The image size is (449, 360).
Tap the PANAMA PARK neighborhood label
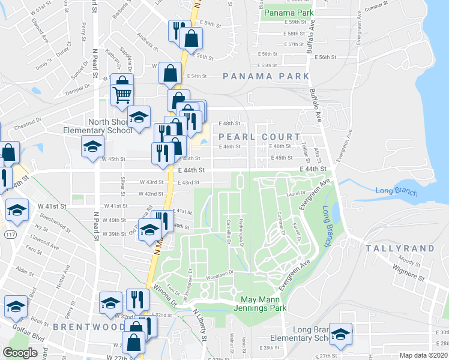click(x=266, y=76)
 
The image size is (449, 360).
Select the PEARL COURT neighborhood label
click(x=259, y=137)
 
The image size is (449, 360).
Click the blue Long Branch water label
click(x=393, y=191)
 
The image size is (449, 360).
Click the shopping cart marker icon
click(x=122, y=94)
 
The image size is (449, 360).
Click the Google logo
click(x=20, y=353)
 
